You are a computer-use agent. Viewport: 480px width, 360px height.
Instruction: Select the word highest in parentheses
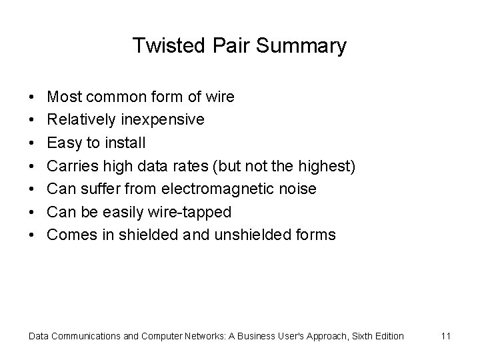(329, 166)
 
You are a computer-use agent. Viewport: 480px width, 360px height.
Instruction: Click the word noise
(298, 189)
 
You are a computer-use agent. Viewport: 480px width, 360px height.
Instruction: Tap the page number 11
(446, 336)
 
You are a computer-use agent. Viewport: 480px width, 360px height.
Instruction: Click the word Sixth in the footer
(355, 336)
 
